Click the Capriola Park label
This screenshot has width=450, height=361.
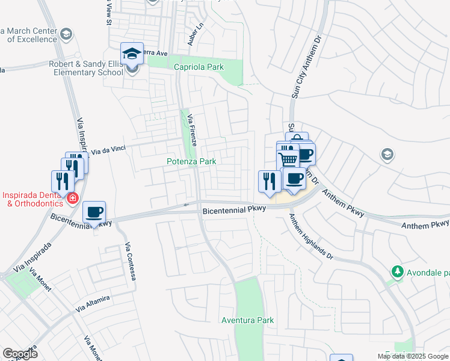199,67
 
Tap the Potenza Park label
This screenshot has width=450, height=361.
191,162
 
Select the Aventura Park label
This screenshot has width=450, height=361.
247,320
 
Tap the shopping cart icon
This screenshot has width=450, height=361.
288,161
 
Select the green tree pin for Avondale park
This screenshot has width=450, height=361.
396,272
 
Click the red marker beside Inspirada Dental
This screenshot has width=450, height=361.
72,198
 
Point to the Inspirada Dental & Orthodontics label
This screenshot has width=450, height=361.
33,199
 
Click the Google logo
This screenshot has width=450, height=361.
20,354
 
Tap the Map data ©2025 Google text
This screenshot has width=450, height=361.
412,356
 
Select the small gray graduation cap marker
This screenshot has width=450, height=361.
388,155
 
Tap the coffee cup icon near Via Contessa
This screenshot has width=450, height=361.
94,212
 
